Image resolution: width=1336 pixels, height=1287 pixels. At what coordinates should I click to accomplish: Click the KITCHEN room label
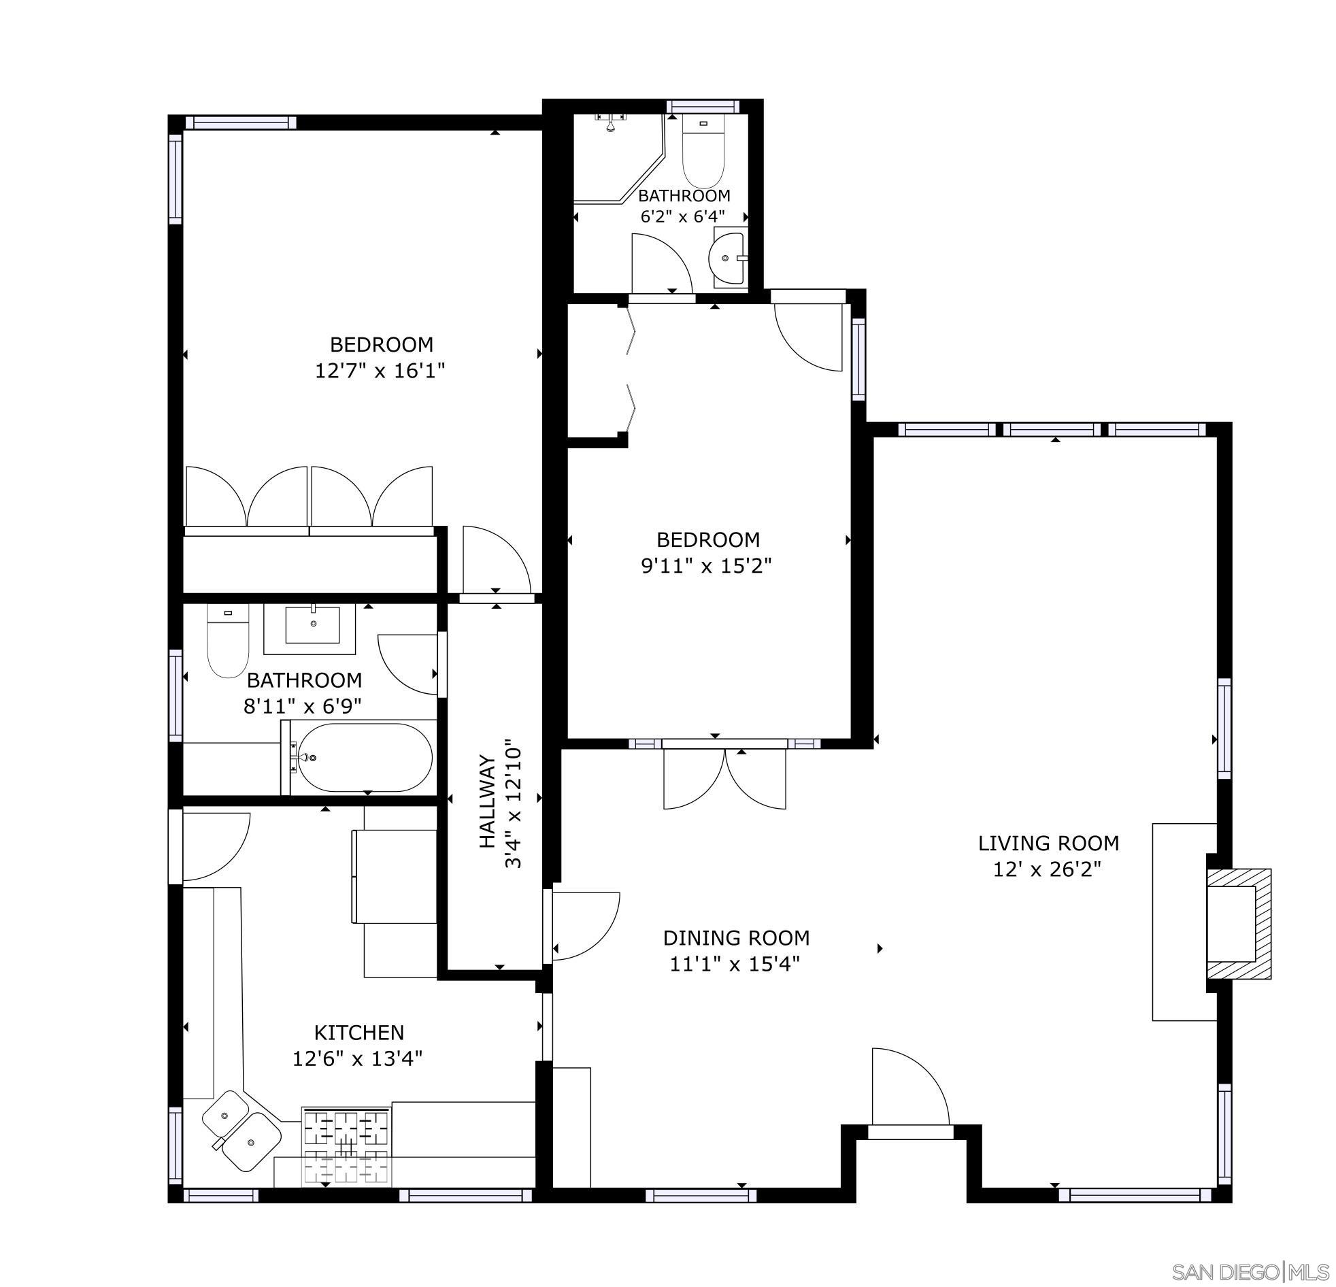358,1032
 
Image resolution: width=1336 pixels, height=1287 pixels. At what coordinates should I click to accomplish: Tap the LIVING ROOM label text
1048,843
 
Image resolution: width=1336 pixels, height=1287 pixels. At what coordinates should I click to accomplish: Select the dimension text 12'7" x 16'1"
380,371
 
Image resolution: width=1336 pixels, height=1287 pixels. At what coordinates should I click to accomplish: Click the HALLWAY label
486,801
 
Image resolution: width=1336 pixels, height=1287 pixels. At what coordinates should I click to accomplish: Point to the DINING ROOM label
736,938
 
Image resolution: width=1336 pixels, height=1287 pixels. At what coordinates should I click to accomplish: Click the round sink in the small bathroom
727,258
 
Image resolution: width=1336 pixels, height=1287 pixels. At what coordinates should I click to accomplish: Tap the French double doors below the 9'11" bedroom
724,777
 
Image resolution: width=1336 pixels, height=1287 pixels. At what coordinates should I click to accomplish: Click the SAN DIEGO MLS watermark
1250,1271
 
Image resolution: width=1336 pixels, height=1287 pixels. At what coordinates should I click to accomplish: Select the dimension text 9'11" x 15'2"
707,567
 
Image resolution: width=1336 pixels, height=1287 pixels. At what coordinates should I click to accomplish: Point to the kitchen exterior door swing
213,846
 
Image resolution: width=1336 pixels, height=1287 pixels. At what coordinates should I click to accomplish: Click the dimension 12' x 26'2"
1047,870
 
